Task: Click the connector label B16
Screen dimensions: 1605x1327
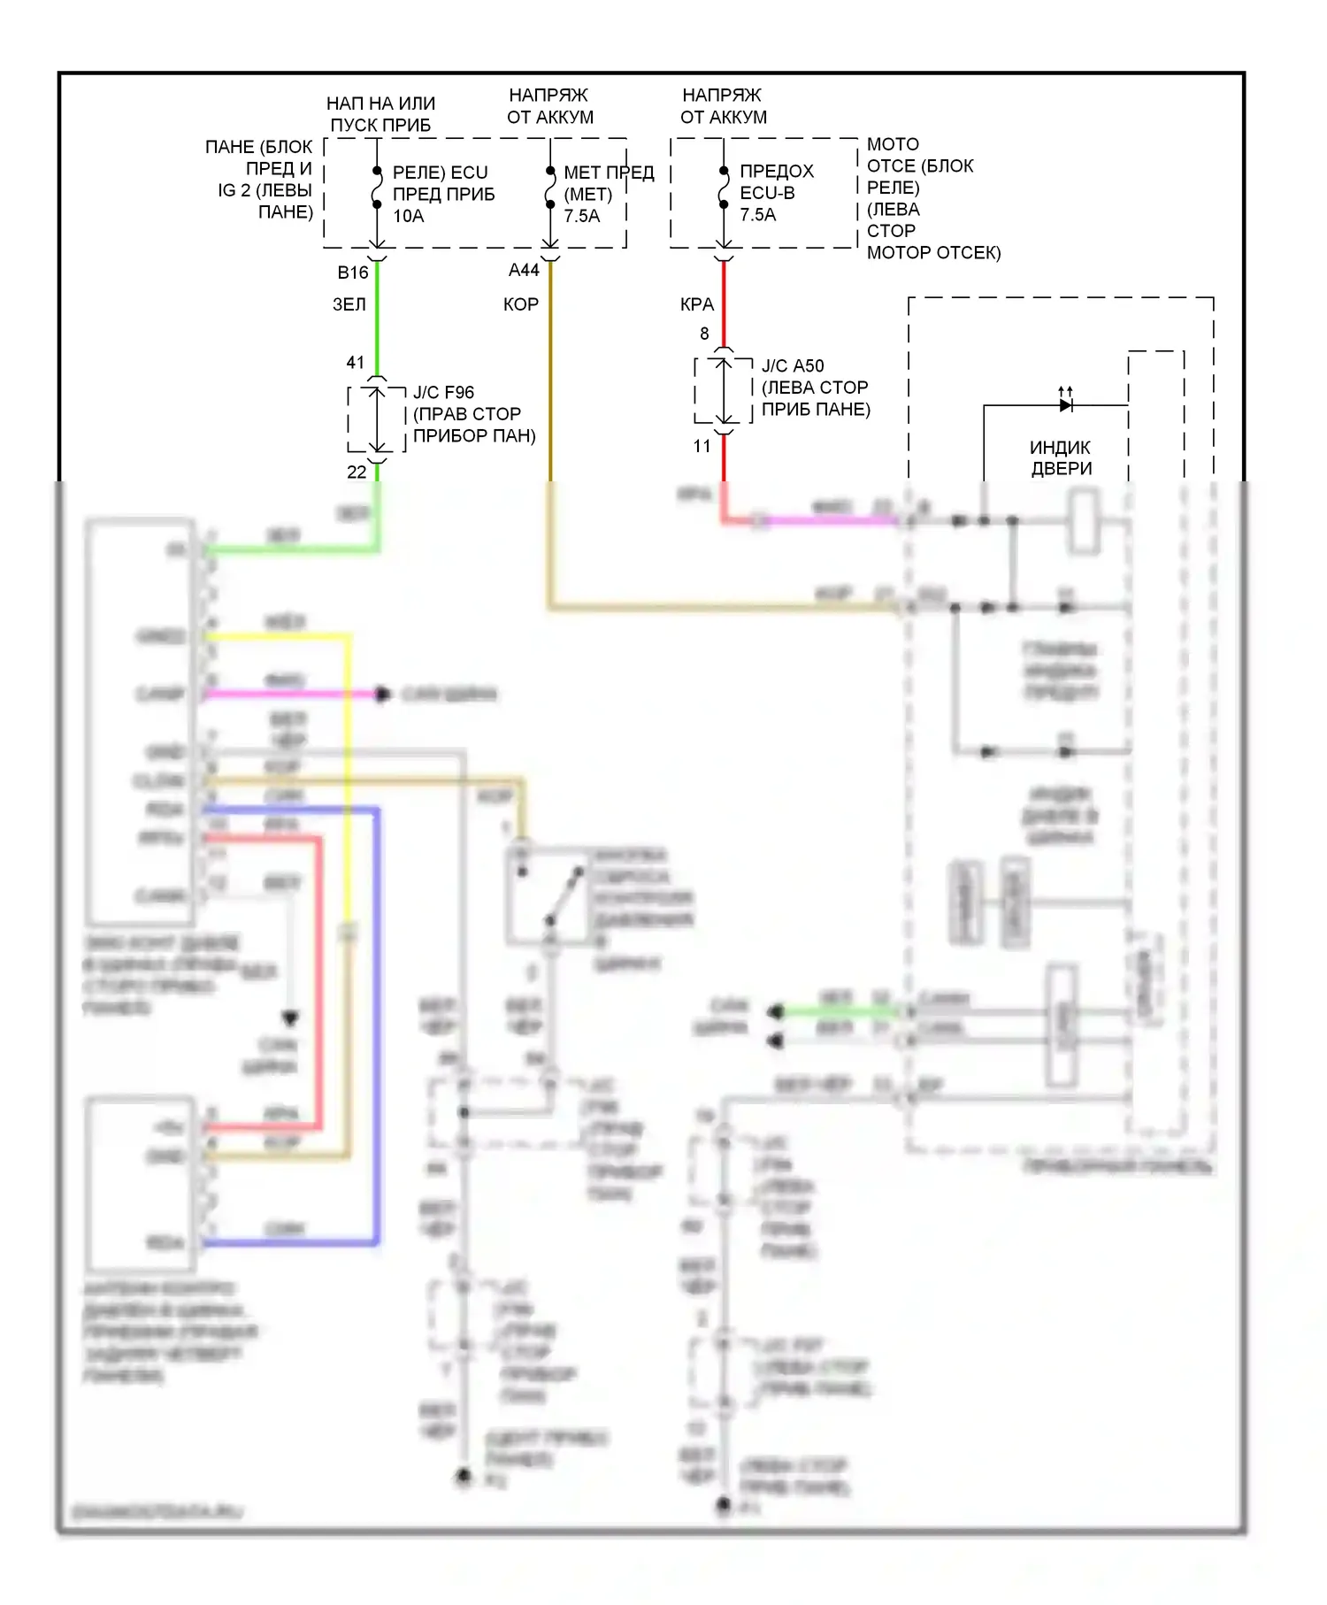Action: pos(352,273)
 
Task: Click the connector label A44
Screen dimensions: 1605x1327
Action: pos(524,271)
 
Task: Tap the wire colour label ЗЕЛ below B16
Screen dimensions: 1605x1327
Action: pos(349,304)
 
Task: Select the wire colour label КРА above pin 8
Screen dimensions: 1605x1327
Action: pos(696,304)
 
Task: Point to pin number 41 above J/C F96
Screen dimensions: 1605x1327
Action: pos(355,363)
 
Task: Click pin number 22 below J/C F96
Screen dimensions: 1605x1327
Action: pos(357,472)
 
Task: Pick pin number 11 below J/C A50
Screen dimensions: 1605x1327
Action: pos(702,447)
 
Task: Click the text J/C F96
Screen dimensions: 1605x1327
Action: pos(443,392)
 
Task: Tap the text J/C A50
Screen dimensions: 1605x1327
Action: pos(793,365)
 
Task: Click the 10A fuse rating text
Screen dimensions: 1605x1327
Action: pos(408,216)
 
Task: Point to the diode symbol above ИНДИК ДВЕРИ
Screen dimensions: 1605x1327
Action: pos(1066,405)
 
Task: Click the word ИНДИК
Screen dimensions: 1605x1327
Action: pos(1060,448)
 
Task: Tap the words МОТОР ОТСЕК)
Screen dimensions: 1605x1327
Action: pos(933,253)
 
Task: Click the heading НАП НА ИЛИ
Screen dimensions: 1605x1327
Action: pos(380,104)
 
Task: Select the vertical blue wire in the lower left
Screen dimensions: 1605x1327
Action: pos(378,1018)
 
